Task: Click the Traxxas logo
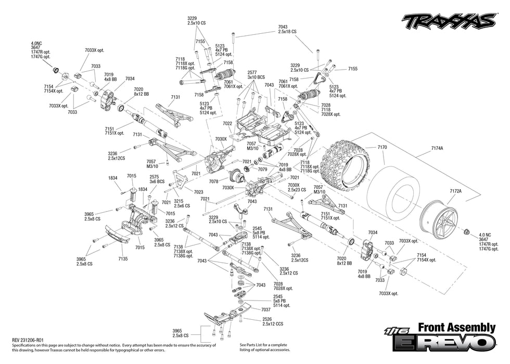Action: point(448,21)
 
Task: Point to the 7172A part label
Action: point(455,191)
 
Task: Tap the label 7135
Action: point(123,258)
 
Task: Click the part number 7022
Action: point(227,124)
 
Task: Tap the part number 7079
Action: point(263,169)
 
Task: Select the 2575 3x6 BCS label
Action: point(157,179)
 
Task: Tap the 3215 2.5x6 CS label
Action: point(182,203)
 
